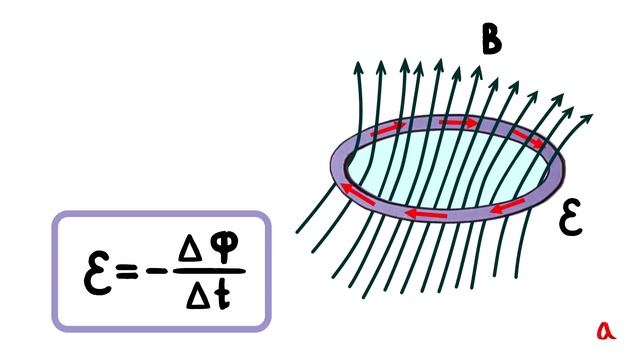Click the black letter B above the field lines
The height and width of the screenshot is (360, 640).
(x=491, y=39)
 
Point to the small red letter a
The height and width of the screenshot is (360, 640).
(x=606, y=331)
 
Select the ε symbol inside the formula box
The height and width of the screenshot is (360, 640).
(x=97, y=273)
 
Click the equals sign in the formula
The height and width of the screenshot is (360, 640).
(x=127, y=271)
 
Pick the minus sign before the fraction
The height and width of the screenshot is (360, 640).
(x=157, y=271)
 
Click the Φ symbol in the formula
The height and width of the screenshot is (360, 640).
(x=224, y=248)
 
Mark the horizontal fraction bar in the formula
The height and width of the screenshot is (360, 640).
(x=209, y=271)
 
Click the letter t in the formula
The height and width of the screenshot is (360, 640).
(x=223, y=295)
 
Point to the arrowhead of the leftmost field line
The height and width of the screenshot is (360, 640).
(x=358, y=67)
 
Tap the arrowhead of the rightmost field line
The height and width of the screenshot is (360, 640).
(x=587, y=120)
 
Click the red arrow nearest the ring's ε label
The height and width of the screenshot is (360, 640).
(x=507, y=207)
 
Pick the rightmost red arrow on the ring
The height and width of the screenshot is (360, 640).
(x=528, y=139)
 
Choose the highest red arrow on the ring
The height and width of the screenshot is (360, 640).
(x=458, y=122)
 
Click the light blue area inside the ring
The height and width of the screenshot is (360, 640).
(x=447, y=168)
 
